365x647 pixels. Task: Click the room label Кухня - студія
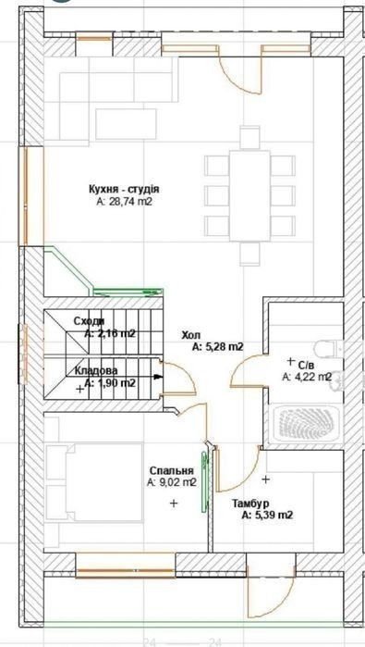click(124, 190)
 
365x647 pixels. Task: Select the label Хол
click(191, 336)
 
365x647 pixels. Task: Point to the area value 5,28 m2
click(218, 347)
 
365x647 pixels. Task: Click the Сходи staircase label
click(89, 321)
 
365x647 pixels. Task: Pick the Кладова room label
click(96, 370)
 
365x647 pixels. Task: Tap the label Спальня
click(171, 471)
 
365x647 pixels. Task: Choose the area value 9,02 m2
click(171, 482)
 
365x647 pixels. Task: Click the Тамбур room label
click(250, 504)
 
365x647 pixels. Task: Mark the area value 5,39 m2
click(267, 515)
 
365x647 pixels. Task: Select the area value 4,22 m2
click(308, 377)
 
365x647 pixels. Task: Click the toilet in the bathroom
click(328, 349)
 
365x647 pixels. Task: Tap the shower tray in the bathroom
click(308, 424)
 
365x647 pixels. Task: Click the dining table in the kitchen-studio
click(249, 195)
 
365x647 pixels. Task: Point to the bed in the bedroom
click(94, 481)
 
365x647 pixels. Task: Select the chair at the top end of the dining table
click(249, 138)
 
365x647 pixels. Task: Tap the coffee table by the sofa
click(126, 124)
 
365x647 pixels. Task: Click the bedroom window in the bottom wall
click(126, 571)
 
